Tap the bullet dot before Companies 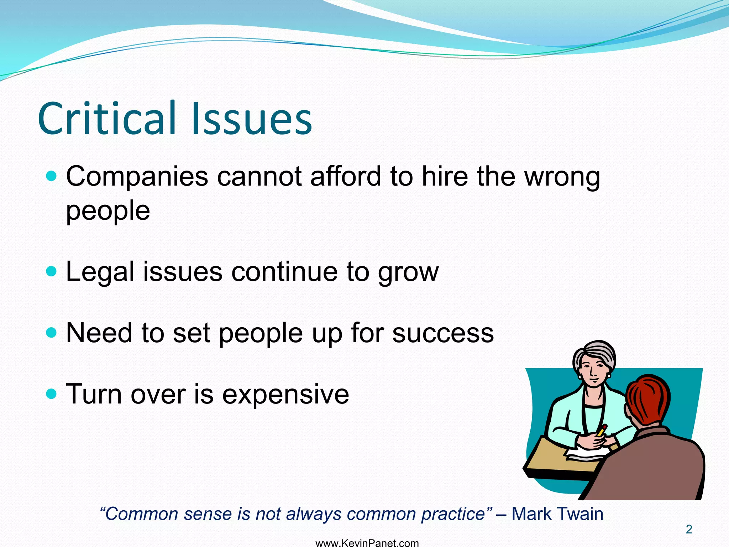[52, 176]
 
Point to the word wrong [562, 177]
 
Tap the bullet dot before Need [52, 333]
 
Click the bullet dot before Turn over [52, 394]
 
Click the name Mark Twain [557, 514]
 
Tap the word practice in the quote [452, 514]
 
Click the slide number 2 [689, 530]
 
